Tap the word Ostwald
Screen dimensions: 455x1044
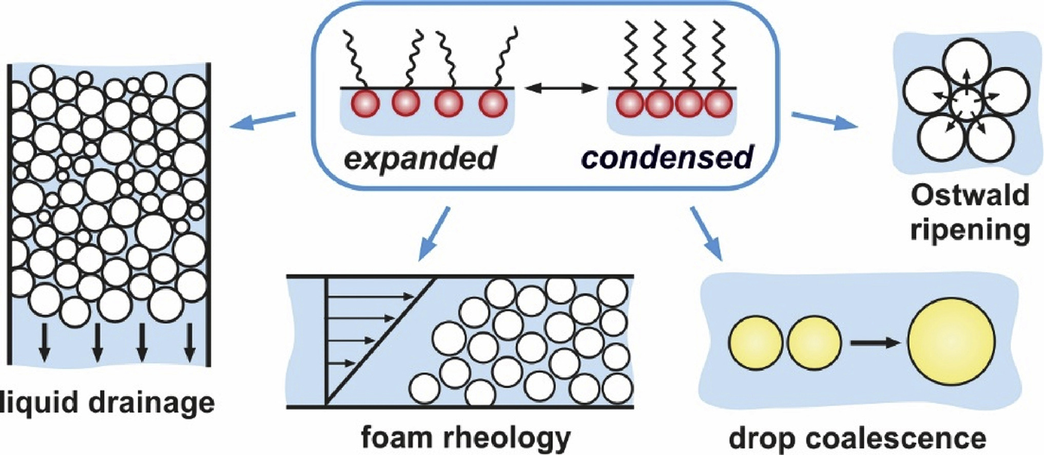click(970, 196)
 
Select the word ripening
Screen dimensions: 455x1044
click(970, 230)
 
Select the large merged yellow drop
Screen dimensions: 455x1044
click(951, 343)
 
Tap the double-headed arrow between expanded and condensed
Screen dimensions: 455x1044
click(562, 88)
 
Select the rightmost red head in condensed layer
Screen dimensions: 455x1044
click(718, 104)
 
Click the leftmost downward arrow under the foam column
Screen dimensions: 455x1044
click(45, 342)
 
